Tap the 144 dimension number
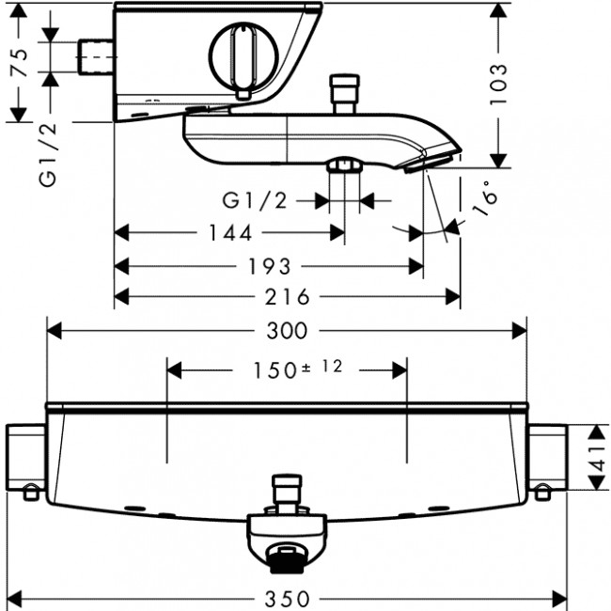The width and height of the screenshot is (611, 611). pos(228,232)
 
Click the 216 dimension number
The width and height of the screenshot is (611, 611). pos(287,297)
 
